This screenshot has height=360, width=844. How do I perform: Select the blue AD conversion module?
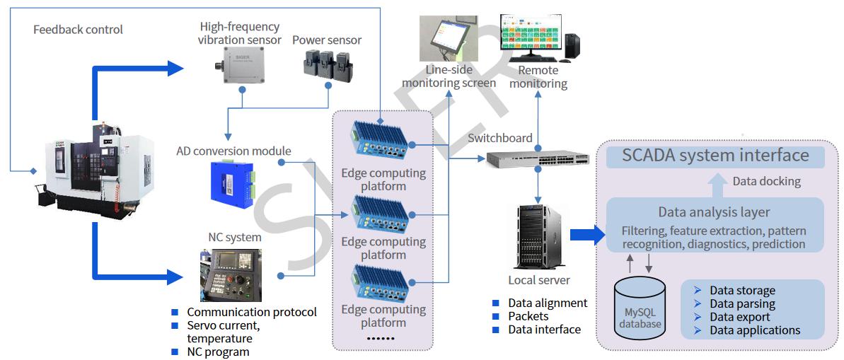(x=231, y=180)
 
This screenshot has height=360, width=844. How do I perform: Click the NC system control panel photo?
(x=231, y=275)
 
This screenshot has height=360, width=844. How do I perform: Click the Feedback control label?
(x=78, y=30)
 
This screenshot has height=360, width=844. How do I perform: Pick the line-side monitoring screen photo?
(x=449, y=39)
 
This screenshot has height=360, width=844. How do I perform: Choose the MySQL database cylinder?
(x=640, y=306)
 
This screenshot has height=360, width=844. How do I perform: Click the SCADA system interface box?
(x=715, y=156)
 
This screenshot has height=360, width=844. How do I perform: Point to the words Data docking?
(x=766, y=182)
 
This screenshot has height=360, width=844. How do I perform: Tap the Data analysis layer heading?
(x=714, y=211)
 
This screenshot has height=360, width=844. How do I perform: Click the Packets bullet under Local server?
(x=528, y=316)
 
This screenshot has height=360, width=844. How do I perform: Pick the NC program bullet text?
(x=218, y=352)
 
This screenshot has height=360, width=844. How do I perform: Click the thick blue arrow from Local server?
(x=584, y=235)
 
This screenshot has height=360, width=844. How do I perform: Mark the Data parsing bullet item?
(x=742, y=304)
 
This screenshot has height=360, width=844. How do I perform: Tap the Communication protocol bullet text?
(x=252, y=312)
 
